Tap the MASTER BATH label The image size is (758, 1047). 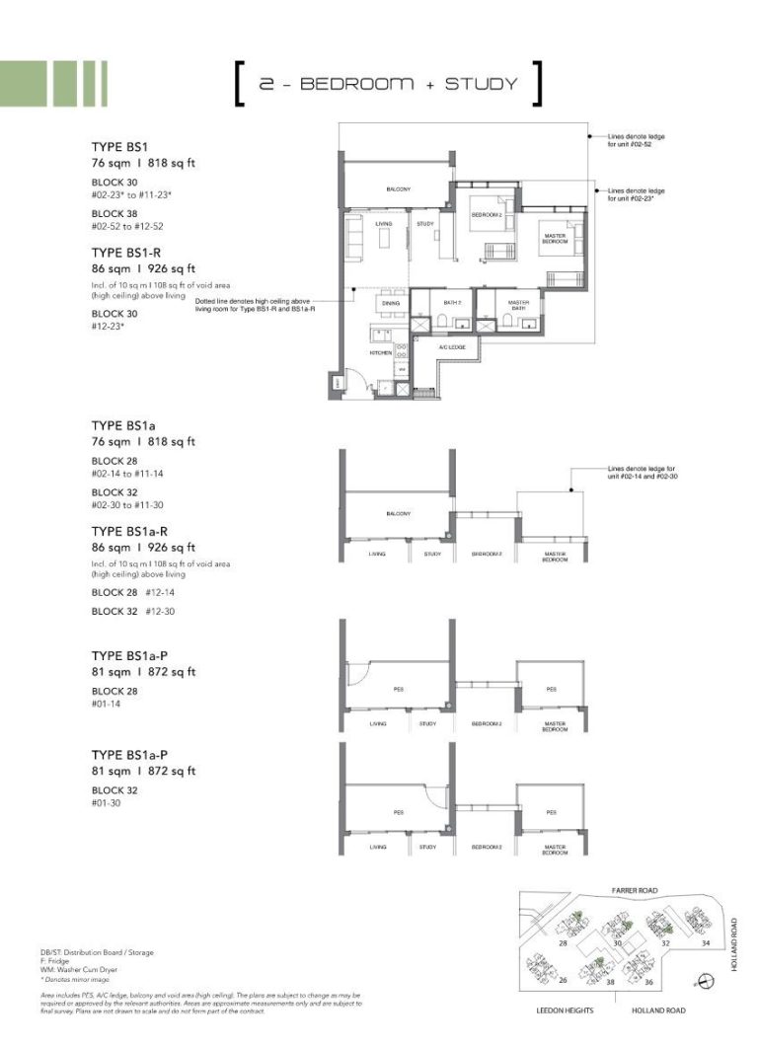pos(518,305)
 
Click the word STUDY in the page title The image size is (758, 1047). pos(481,84)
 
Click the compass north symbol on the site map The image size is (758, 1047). pos(702,980)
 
